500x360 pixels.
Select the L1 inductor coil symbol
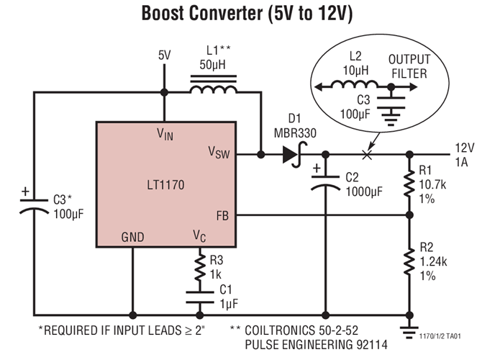point(212,90)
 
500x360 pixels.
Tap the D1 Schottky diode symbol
point(292,154)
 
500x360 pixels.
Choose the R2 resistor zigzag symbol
point(409,263)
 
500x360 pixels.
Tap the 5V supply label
point(165,55)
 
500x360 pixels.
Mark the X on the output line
point(367,154)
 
